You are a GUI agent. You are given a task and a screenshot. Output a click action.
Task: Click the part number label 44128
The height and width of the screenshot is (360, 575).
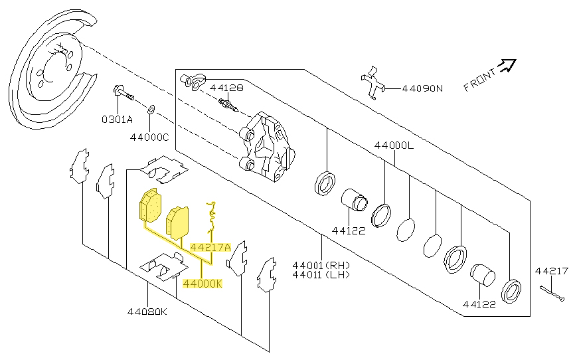(226, 88)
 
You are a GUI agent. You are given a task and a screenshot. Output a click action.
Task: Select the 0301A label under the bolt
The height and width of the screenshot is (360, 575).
(118, 120)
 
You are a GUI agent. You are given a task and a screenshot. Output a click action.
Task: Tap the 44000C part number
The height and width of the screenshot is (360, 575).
(149, 137)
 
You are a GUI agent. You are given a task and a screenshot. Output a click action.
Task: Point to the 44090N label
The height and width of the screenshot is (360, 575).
(422, 88)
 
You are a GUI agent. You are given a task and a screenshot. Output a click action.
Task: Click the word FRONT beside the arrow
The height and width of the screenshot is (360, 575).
(479, 80)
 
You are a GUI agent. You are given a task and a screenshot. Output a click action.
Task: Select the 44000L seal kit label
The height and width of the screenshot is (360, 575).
(394, 145)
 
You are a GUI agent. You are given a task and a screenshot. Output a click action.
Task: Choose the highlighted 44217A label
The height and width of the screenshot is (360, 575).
(210, 247)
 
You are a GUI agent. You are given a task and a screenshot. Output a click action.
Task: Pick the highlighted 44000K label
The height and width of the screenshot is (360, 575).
(203, 284)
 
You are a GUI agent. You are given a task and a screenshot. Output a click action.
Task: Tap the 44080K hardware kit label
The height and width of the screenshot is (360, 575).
(147, 312)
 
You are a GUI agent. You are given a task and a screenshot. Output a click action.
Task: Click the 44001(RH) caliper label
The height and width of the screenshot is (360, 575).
(321, 265)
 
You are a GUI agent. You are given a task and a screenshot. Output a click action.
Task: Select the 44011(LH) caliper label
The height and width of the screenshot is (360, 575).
(321, 274)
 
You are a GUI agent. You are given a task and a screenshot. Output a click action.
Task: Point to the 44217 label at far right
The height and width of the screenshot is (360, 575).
(552, 271)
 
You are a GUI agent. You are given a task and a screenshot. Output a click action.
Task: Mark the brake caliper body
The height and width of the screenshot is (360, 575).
(267, 147)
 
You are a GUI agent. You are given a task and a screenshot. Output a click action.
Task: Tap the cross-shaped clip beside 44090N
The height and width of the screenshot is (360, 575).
(373, 83)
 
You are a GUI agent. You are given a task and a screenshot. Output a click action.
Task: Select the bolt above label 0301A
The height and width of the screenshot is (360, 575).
(123, 93)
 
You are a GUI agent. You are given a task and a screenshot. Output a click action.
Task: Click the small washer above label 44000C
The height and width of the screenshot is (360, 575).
(151, 110)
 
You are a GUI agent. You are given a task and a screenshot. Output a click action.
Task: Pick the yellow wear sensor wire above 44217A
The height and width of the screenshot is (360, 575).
(212, 218)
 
